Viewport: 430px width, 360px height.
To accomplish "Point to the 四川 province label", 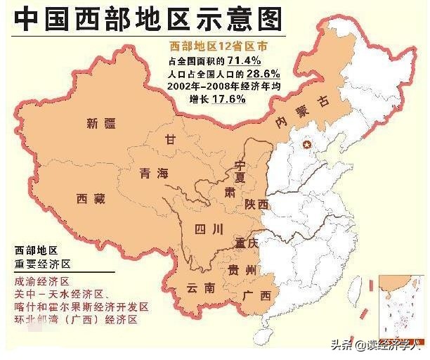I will pos(209,229).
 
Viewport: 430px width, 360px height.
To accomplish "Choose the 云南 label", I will pos(200,288).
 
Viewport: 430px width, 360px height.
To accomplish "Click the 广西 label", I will pos(256,295).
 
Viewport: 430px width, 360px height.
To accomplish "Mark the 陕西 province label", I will pos(257,204).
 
